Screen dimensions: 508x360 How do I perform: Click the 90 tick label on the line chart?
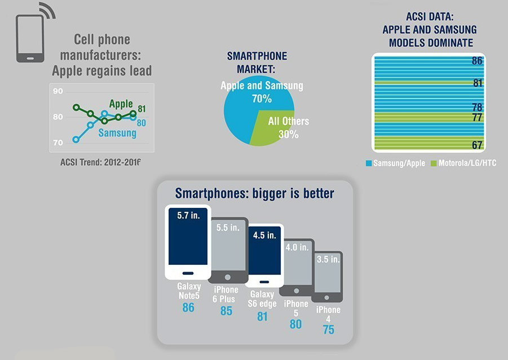pyautogui.click(x=58, y=91)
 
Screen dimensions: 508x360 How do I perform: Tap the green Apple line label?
pyautogui.click(x=121, y=104)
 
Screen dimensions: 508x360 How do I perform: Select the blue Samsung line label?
pyautogui.click(x=117, y=133)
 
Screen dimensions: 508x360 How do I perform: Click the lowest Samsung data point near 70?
pyautogui.click(x=76, y=140)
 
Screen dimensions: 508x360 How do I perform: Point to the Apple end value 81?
pyautogui.click(x=142, y=109)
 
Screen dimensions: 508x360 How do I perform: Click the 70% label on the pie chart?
pyautogui.click(x=262, y=99)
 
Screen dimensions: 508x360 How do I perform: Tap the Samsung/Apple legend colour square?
pyautogui.click(x=369, y=163)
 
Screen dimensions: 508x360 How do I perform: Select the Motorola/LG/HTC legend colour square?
pyautogui.click(x=434, y=163)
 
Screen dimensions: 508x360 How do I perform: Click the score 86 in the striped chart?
pyautogui.click(x=477, y=61)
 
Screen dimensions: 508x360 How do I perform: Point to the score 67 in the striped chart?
pyautogui.click(x=477, y=145)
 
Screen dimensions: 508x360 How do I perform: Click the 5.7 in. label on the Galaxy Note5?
pyautogui.click(x=188, y=216)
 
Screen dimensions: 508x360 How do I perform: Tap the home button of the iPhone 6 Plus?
pyautogui.click(x=228, y=277)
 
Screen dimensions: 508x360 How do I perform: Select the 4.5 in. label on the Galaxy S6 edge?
pyautogui.click(x=264, y=235)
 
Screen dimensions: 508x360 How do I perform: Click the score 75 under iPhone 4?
pyautogui.click(x=329, y=330)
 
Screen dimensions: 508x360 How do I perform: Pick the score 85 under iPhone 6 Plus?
pyautogui.click(x=226, y=311)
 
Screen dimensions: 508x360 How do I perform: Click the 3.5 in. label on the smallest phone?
pyautogui.click(x=328, y=259)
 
